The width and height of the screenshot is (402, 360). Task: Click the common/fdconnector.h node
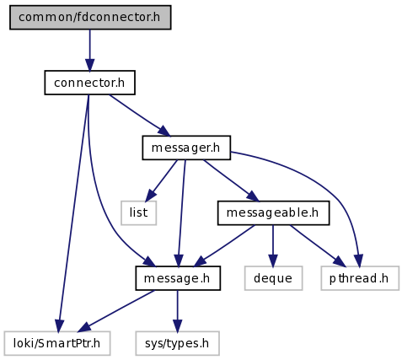[x=90, y=17]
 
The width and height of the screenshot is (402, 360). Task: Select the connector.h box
[x=89, y=83]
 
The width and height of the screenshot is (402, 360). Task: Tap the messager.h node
[x=186, y=148]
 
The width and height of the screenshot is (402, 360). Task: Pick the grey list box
[x=138, y=212]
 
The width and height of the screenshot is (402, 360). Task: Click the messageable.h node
[x=273, y=212]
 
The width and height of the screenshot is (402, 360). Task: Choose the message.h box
[x=178, y=278]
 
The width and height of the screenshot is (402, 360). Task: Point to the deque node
[x=273, y=278]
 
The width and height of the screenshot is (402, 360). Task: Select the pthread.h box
[x=360, y=278]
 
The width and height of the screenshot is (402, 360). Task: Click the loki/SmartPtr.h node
[x=57, y=343]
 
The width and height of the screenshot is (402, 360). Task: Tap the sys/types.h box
[x=177, y=343]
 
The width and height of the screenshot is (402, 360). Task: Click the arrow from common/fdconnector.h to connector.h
[x=90, y=50]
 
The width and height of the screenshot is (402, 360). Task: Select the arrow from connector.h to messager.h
[x=140, y=116]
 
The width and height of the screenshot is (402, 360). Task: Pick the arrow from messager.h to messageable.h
[x=231, y=180]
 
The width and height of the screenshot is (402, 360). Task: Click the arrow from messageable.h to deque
[x=273, y=245]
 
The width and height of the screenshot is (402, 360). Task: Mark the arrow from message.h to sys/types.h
[x=177, y=311]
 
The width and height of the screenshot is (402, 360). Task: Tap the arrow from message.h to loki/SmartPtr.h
[x=116, y=311]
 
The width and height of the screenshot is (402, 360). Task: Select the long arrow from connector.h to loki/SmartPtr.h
[x=73, y=213]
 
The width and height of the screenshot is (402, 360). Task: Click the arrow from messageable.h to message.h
[x=224, y=245]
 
